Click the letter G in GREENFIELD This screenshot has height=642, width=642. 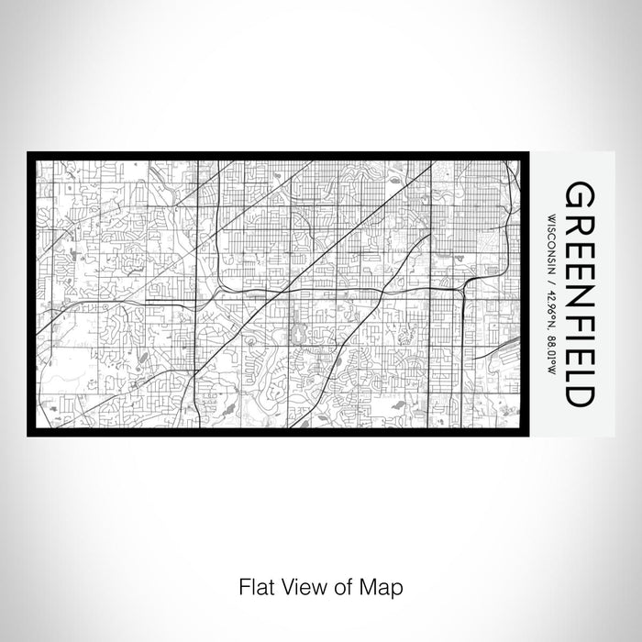(580, 195)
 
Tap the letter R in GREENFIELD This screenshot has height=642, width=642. (580, 223)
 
